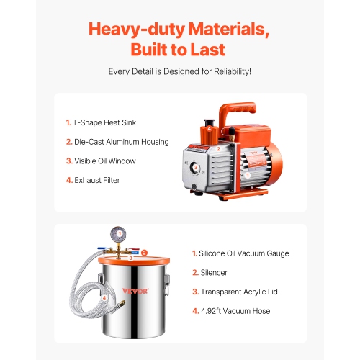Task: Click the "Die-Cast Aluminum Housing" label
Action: [117, 142]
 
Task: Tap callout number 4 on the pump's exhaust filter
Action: [209, 128]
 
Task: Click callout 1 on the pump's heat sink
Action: [246, 174]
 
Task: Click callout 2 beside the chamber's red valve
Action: [145, 253]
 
